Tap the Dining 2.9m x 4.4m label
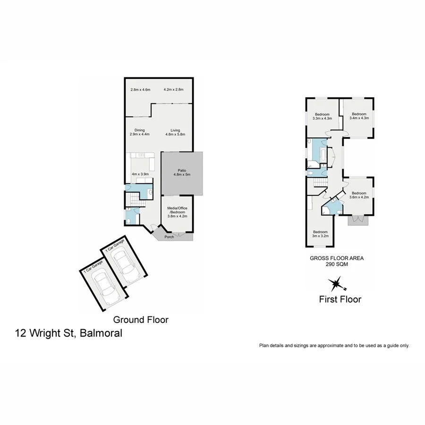(x=139, y=132)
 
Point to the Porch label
(x=169, y=237)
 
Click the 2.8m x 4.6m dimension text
(x=140, y=89)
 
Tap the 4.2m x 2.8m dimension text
(x=173, y=89)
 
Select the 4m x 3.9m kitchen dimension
(x=140, y=174)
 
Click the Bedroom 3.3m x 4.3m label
(x=323, y=116)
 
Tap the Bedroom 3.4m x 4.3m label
(x=359, y=116)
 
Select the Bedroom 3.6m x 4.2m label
(x=359, y=195)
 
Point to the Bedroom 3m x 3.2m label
(x=320, y=233)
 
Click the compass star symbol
(x=336, y=284)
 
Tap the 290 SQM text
(x=336, y=265)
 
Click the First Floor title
(x=340, y=299)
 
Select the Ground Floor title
(x=140, y=320)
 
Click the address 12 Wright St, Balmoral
(x=68, y=333)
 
